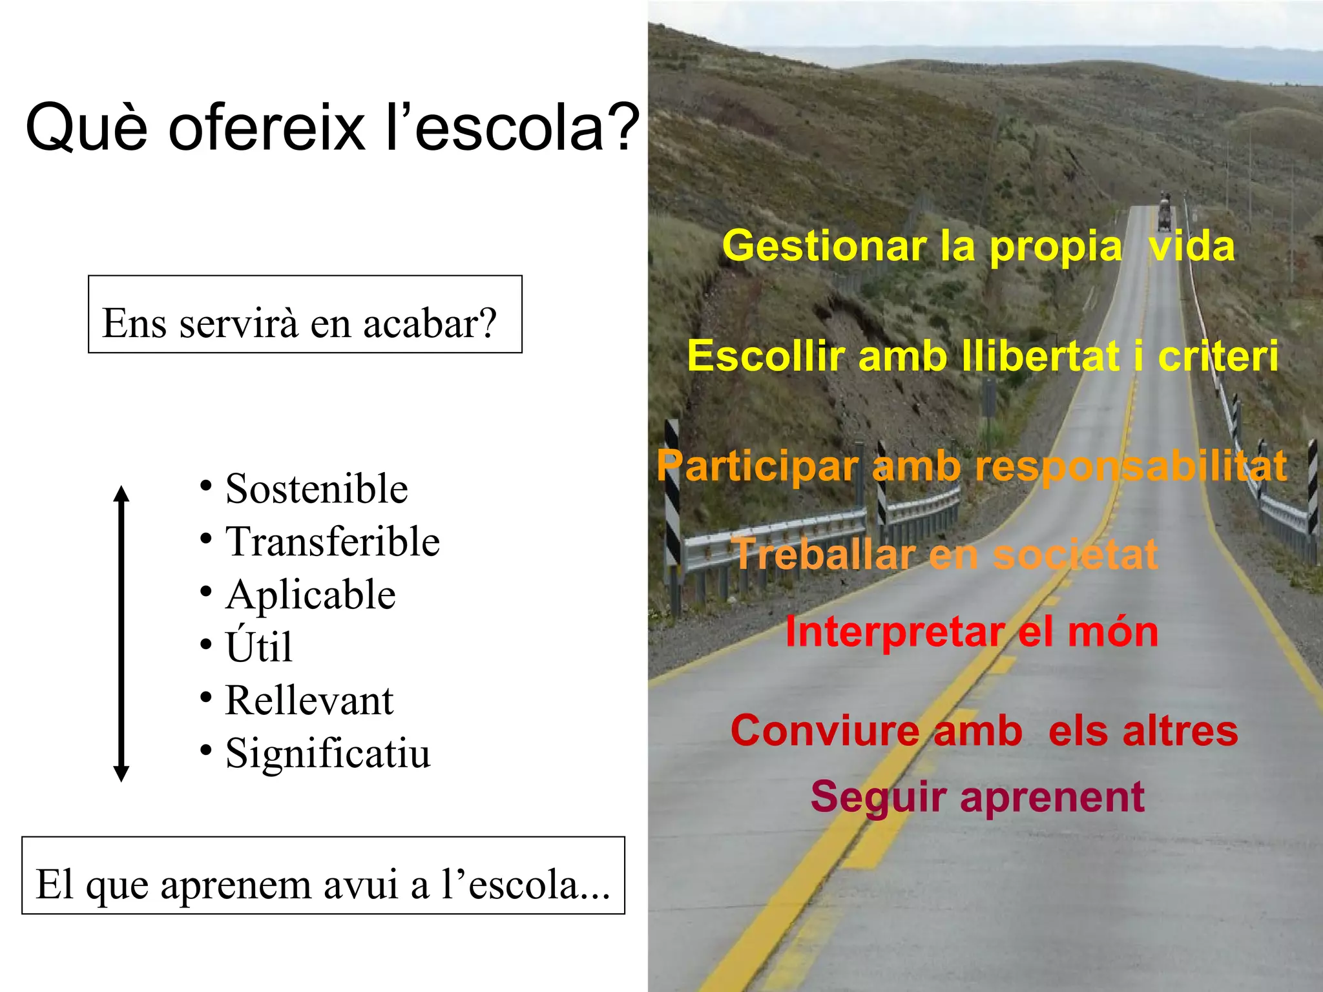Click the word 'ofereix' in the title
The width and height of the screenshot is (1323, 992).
(266, 128)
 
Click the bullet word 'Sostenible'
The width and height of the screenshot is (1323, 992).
(317, 489)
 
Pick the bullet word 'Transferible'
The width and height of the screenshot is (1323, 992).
(333, 542)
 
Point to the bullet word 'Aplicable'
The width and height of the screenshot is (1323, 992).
(311, 595)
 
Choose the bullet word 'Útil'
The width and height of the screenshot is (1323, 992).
(259, 646)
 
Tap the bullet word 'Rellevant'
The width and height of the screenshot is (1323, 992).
(309, 701)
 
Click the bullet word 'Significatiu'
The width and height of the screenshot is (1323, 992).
(328, 754)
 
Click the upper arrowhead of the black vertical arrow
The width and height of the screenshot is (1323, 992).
(121, 494)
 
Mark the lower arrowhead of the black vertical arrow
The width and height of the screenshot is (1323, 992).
(121, 773)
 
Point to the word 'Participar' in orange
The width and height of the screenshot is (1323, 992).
(757, 466)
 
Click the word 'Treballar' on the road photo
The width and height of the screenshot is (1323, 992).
(824, 554)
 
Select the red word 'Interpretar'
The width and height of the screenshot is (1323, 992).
(894, 632)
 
